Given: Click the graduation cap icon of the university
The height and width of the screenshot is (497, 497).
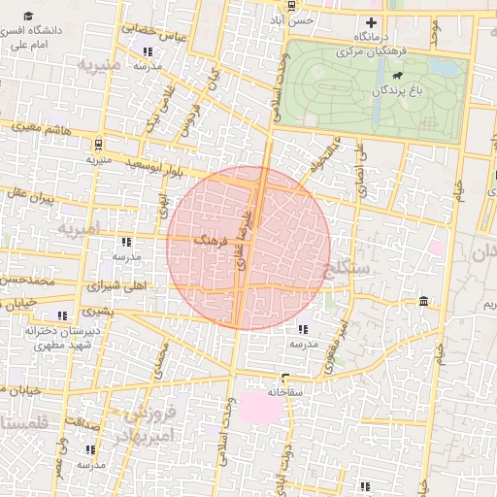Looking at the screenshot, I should (29, 16).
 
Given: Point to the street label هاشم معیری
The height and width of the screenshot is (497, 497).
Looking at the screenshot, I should (40, 127).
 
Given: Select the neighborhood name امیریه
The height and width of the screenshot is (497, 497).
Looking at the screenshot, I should (79, 230).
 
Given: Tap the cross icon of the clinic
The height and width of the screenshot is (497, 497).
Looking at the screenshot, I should (370, 23).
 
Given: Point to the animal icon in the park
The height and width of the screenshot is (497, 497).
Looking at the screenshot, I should (397, 76).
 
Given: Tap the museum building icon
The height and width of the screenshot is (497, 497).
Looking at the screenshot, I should (423, 303).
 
